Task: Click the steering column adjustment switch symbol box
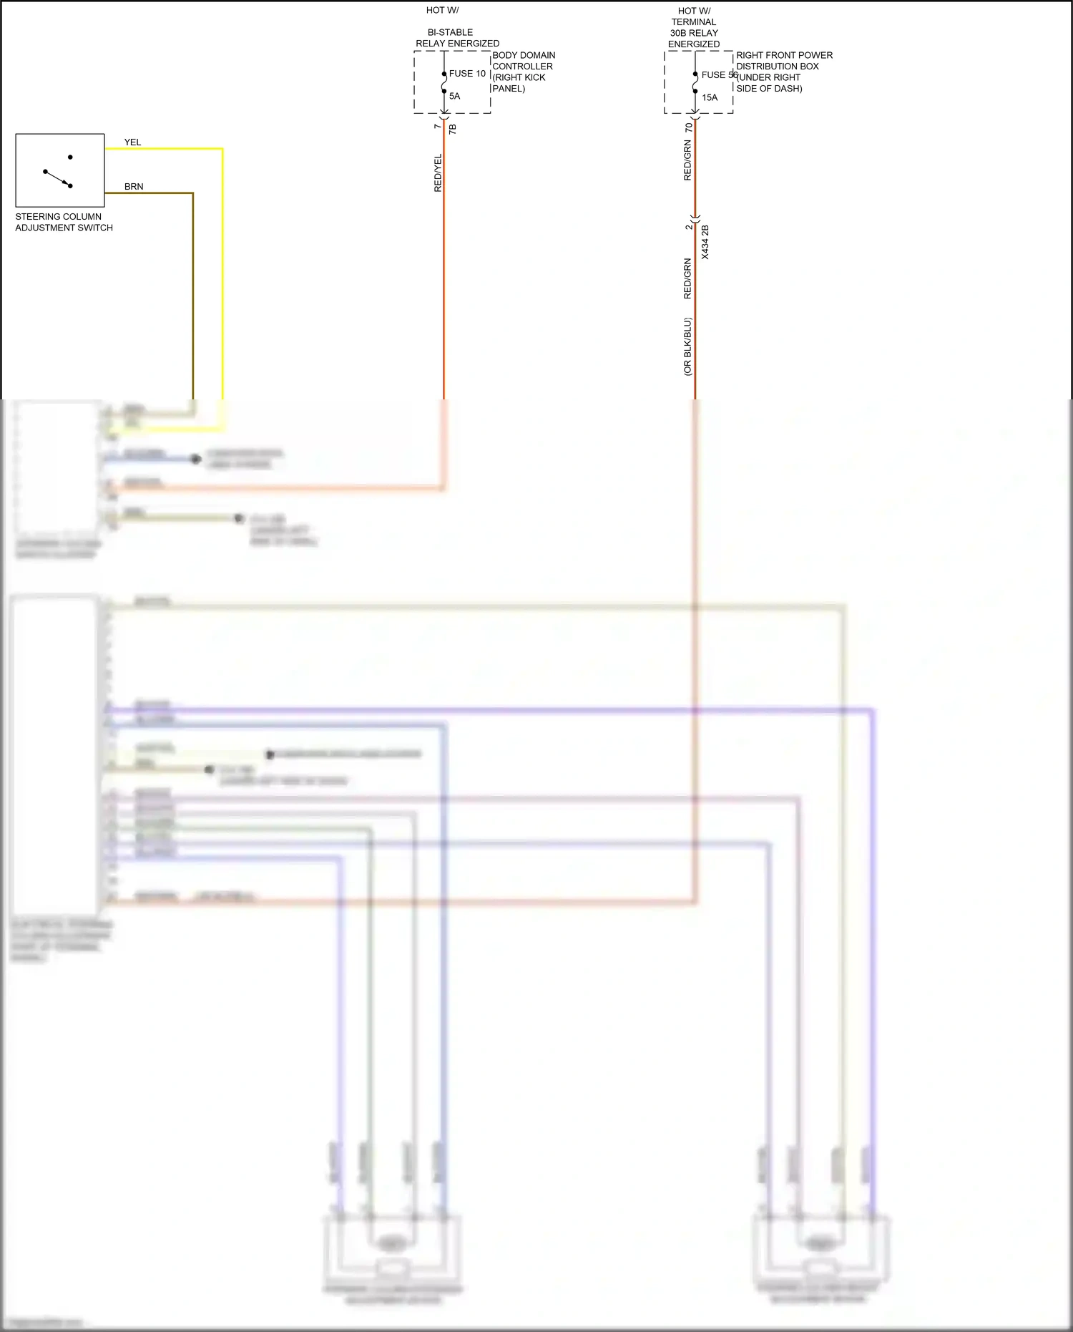point(60,170)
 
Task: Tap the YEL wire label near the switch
point(132,142)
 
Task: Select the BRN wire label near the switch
point(134,187)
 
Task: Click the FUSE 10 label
point(467,74)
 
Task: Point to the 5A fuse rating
point(455,96)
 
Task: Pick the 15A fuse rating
point(710,97)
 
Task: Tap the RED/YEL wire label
point(438,172)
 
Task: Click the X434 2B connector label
point(705,242)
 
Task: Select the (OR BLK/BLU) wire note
point(687,347)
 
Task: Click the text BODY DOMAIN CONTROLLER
point(523,61)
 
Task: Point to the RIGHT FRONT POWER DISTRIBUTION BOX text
point(783,61)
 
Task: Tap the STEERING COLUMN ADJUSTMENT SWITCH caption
point(64,222)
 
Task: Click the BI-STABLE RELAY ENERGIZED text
point(457,38)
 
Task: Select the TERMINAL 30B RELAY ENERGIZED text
point(694,33)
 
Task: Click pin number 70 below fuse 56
point(688,127)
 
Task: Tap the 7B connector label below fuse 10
point(452,129)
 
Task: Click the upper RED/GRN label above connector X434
point(687,160)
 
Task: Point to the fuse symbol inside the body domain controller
point(444,82)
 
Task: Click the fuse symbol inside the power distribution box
point(695,82)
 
